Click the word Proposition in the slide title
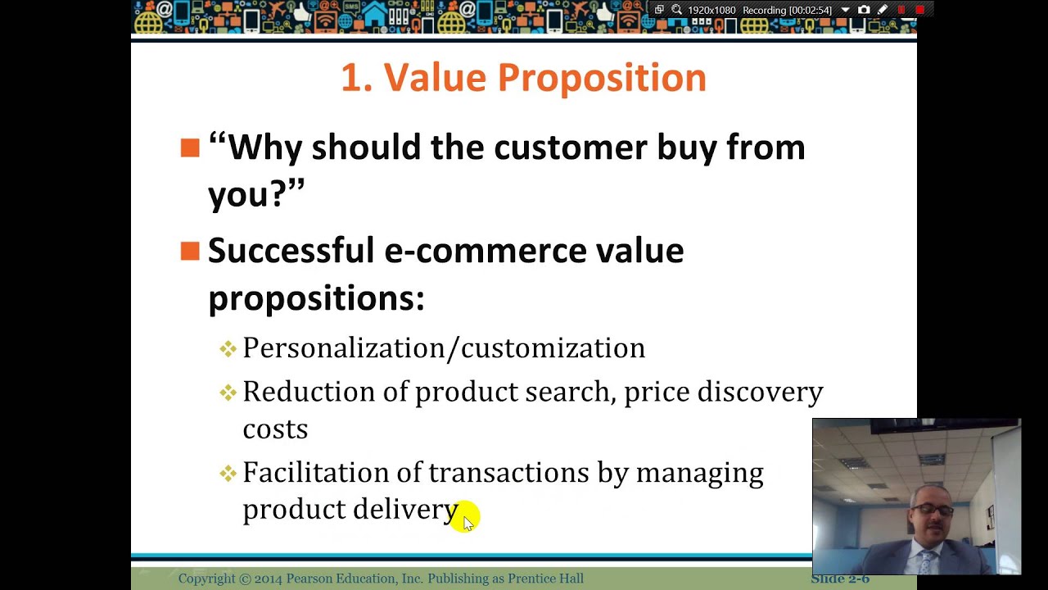pyautogui.click(x=601, y=79)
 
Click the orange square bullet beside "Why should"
pyautogui.click(x=190, y=147)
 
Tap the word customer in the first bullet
pyautogui.click(x=570, y=147)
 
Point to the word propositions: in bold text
pyautogui.click(x=316, y=298)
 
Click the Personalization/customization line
pyautogui.click(x=443, y=348)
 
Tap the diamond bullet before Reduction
pyautogui.click(x=228, y=393)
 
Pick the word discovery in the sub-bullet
pyautogui.click(x=759, y=392)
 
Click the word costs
pyautogui.click(x=275, y=429)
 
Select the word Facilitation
pyautogui.click(x=315, y=473)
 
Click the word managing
pyautogui.click(x=699, y=474)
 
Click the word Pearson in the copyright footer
pyautogui.click(x=313, y=579)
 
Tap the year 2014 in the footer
pyautogui.click(x=268, y=579)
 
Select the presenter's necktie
pyautogui.click(x=926, y=561)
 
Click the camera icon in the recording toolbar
pyautogui.click(x=864, y=10)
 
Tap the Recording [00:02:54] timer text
pyautogui.click(x=787, y=11)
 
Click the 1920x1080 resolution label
pyautogui.click(x=711, y=11)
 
